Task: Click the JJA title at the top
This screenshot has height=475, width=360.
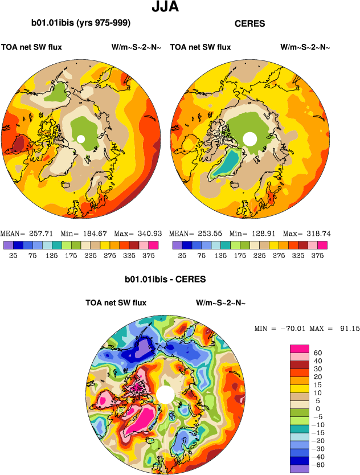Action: (x=165, y=7)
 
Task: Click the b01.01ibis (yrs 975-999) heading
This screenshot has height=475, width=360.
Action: (x=81, y=23)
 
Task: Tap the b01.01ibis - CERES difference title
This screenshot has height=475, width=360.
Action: (x=165, y=280)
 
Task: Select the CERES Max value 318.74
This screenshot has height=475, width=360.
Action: (x=316, y=234)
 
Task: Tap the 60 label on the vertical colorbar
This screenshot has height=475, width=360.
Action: (x=318, y=353)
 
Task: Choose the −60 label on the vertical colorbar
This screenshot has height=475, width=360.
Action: (x=320, y=465)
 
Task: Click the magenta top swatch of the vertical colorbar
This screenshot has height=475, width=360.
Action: (x=299, y=349)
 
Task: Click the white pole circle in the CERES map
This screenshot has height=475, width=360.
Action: (x=249, y=138)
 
